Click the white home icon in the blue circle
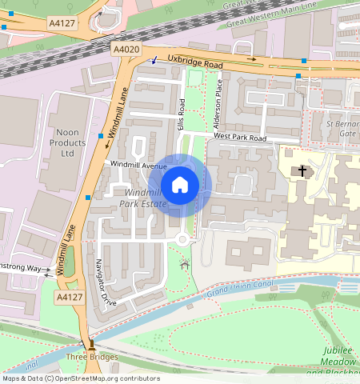[180, 186]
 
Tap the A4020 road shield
[126, 50]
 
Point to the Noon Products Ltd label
[68, 142]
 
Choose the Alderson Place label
[219, 103]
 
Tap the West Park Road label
[239, 138]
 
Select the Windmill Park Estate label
[144, 198]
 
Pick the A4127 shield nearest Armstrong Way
[68, 297]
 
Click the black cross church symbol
[302, 170]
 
